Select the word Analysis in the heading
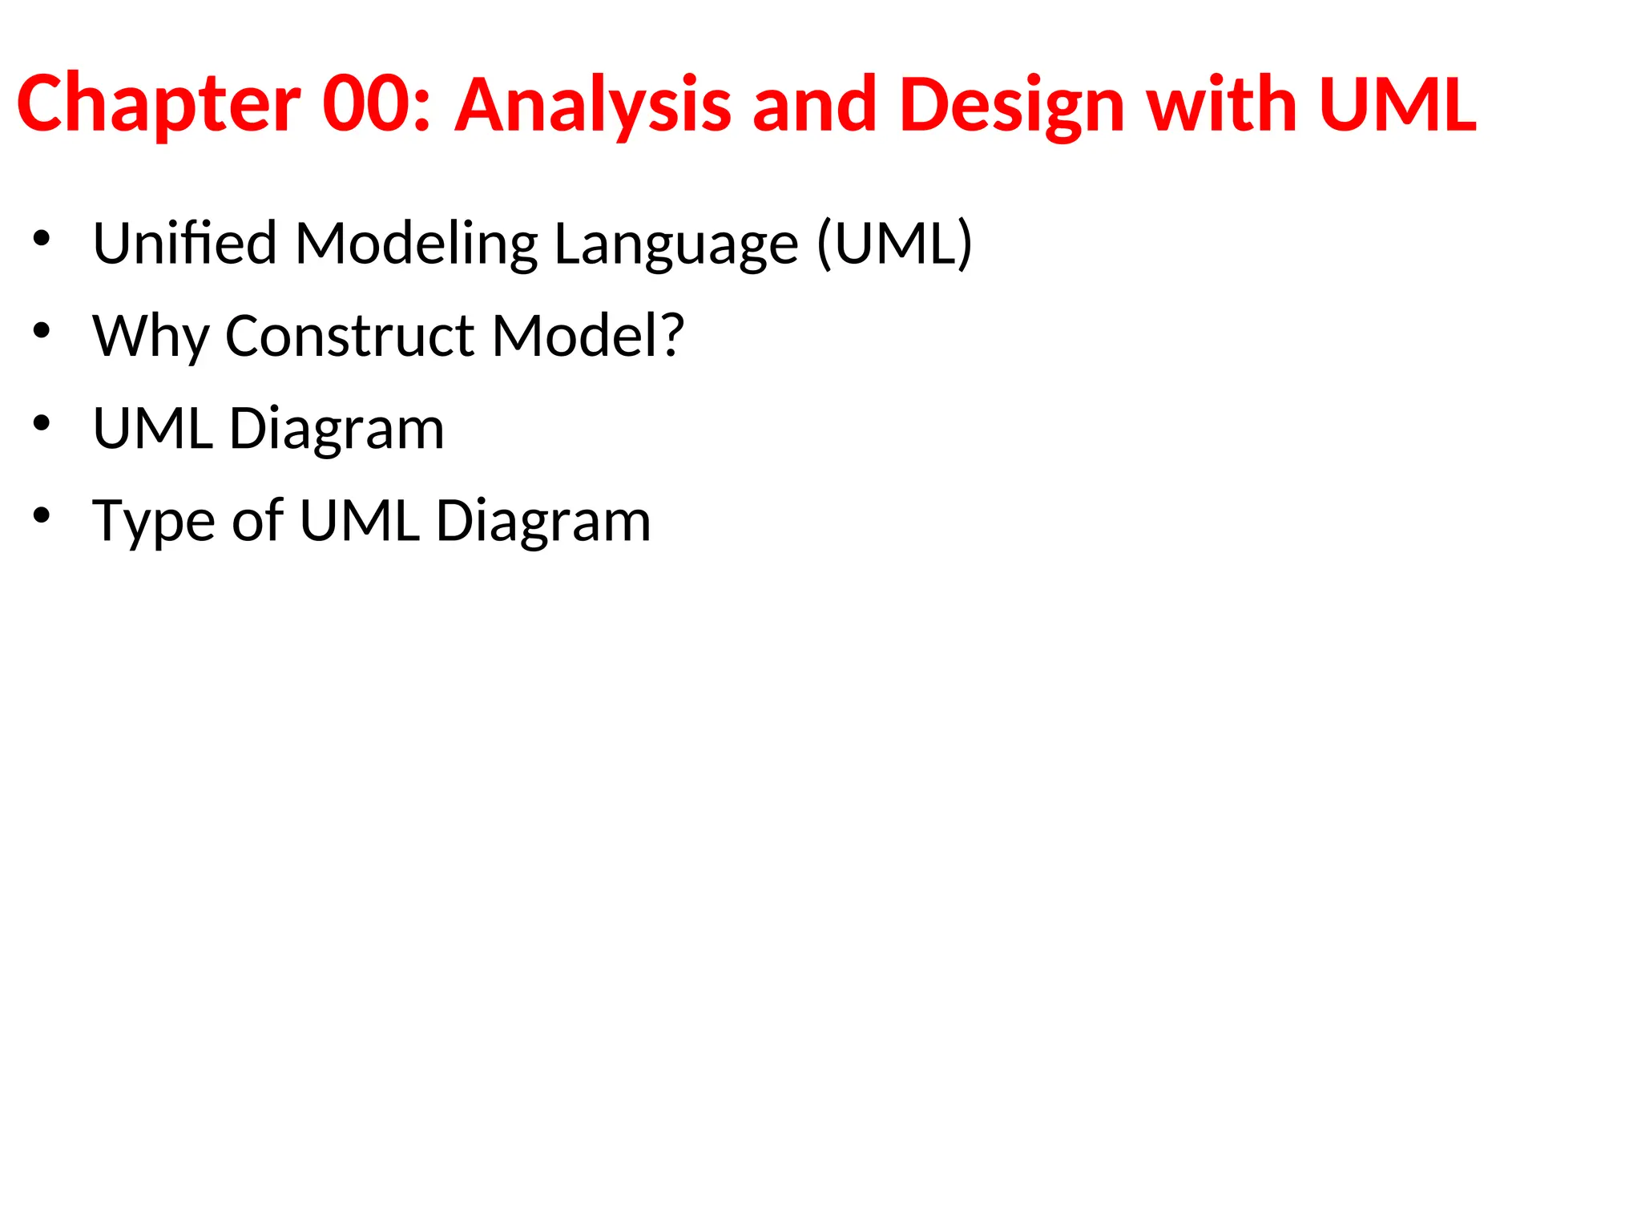click(x=593, y=104)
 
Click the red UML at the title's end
click(x=1397, y=104)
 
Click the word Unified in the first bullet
click(x=185, y=243)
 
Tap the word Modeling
click(x=417, y=243)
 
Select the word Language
click(x=676, y=243)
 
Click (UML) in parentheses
click(x=894, y=243)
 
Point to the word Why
click(x=151, y=335)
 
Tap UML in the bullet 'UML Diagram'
click(x=153, y=428)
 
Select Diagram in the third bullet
click(x=337, y=428)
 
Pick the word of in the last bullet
click(x=257, y=521)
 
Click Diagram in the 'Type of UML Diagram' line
click(x=542, y=521)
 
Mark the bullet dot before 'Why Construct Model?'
click(x=42, y=329)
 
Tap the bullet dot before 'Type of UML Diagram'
click(x=42, y=515)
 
